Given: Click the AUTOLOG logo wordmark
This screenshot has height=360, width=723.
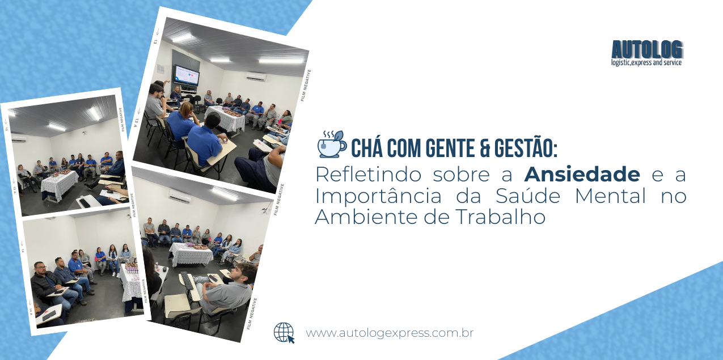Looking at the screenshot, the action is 647,49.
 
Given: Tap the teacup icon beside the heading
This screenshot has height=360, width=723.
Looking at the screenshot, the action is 332,144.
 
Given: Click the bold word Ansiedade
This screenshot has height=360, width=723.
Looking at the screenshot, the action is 582,174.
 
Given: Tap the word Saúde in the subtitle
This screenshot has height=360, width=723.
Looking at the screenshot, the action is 528,195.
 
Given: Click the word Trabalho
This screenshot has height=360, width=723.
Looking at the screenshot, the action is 501,217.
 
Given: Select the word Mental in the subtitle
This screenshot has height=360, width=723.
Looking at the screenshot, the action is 611,196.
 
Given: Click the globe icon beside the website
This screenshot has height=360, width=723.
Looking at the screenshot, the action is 284,333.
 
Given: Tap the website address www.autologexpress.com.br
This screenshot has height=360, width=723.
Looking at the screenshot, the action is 390,333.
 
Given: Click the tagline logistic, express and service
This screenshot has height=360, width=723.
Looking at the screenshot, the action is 646,62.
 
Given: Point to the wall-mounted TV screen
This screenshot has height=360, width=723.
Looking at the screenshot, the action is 187,75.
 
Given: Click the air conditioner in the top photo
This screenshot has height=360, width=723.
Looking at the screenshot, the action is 256,77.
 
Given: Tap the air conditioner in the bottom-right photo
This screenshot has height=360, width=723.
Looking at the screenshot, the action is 179,196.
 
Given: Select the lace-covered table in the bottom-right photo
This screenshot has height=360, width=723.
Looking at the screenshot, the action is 191,254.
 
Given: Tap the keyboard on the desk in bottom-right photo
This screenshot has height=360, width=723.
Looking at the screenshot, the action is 188,280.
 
